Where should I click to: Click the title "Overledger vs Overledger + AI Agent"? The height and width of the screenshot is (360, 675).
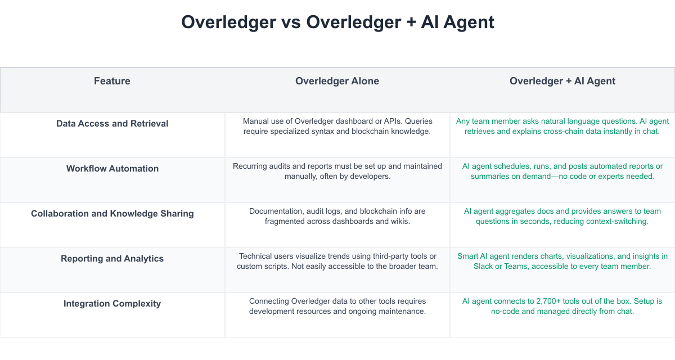point(337,22)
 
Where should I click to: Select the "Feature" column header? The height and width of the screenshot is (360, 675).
point(112,81)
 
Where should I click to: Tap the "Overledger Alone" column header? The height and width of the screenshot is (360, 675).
point(337,81)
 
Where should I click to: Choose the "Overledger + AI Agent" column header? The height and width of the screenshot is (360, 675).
point(562,81)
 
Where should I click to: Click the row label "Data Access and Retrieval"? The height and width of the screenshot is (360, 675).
point(112,124)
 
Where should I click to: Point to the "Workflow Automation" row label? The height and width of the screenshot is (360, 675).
point(112,169)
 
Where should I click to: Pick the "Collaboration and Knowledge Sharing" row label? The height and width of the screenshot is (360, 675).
point(112,214)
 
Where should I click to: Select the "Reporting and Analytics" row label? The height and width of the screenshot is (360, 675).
point(112,259)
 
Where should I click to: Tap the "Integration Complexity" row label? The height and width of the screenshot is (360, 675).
point(112,304)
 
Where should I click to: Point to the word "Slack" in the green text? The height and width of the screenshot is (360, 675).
point(484,266)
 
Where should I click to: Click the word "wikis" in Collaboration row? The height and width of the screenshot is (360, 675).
point(398,221)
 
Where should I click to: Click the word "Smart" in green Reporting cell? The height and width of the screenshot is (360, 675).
point(469,256)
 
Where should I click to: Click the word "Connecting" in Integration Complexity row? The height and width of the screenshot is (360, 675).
point(269,301)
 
